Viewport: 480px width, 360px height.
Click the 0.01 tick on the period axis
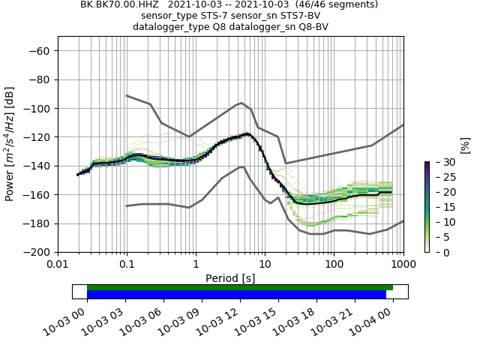point(58,264)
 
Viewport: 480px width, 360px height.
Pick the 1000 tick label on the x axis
point(403,264)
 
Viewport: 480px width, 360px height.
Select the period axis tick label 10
point(265,264)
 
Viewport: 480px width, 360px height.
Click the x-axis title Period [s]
point(230,278)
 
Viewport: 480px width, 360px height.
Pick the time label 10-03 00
point(70,321)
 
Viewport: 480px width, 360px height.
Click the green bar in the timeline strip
point(240,287)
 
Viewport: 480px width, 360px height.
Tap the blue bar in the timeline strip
point(236,295)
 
